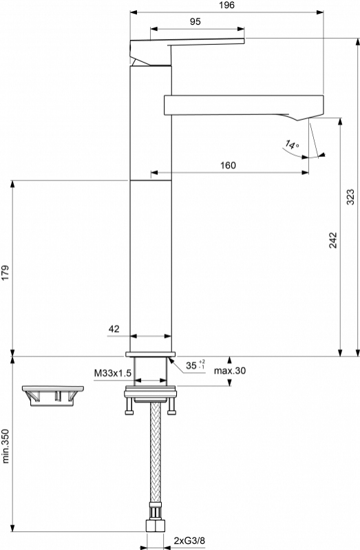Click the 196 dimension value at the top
tap(226, 6)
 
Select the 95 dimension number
tap(195, 22)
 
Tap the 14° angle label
tap(292, 144)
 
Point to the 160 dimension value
tap(228, 165)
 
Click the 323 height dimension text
tap(350, 197)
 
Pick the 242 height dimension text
tap(332, 240)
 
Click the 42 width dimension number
tap(114, 328)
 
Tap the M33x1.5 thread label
tap(112, 373)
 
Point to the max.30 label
tap(230, 370)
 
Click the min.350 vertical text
tap(6, 446)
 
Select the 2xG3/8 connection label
tap(189, 541)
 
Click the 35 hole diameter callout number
tap(191, 366)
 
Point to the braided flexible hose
tap(155, 452)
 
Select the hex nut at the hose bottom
tap(155, 526)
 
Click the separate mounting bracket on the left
tap(52, 396)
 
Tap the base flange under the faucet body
tap(150, 354)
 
